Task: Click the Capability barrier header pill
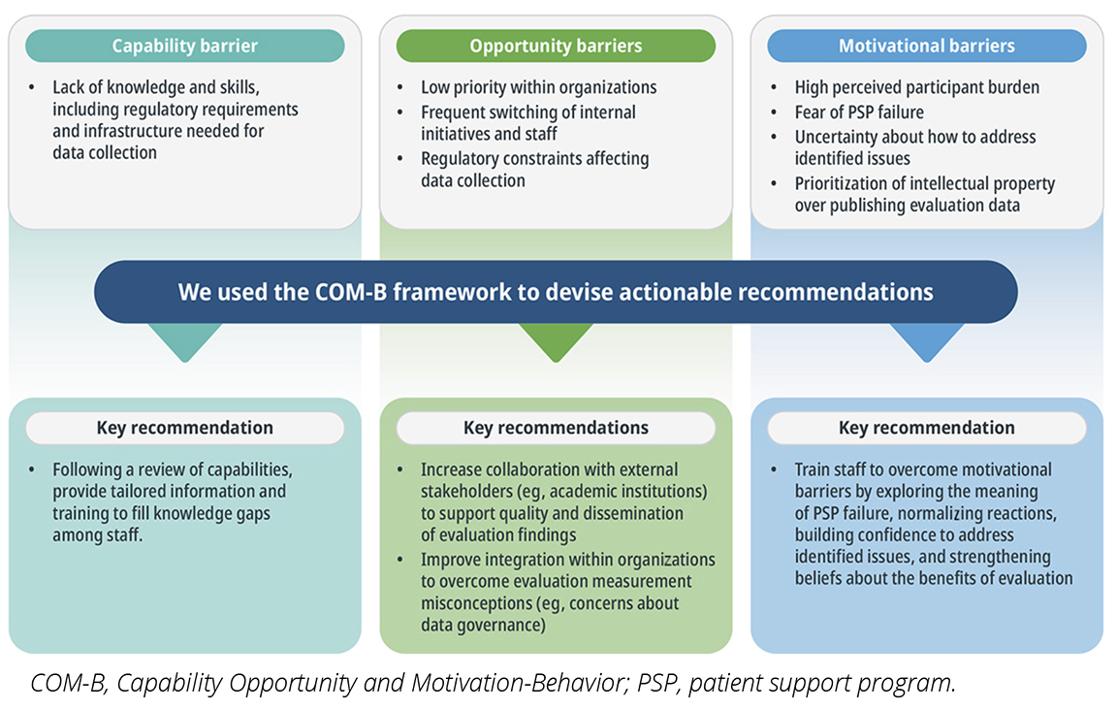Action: click(x=185, y=46)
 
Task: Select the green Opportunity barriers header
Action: click(x=556, y=46)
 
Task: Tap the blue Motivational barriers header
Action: click(x=927, y=46)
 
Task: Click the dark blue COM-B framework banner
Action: click(x=556, y=292)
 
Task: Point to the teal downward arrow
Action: click(x=185, y=340)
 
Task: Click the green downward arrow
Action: click(x=556, y=340)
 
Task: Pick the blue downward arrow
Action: click(x=927, y=340)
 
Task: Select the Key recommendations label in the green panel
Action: click(x=556, y=428)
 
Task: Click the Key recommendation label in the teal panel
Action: click(x=185, y=428)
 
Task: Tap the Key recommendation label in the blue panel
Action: click(x=927, y=428)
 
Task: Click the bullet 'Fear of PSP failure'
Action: click(x=859, y=113)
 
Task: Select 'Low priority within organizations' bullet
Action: click(x=538, y=87)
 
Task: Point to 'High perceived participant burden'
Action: click(x=917, y=87)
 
